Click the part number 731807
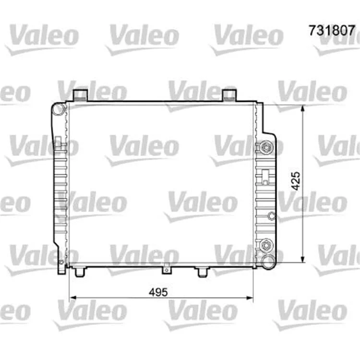tap(332, 31)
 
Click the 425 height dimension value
tap(296, 181)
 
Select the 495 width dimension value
tap(158, 292)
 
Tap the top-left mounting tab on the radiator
tap(80, 95)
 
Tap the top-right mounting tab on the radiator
tap(229, 95)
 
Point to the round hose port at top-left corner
tap(58, 109)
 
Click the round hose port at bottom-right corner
tap(269, 262)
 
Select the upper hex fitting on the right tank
tap(266, 146)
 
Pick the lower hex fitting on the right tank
tap(266, 245)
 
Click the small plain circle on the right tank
tap(272, 216)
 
